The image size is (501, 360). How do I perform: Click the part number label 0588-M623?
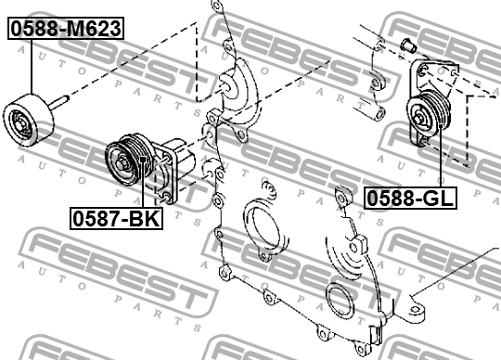66,29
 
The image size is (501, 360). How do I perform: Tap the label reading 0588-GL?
410,197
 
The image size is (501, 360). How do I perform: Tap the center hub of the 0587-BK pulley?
121,167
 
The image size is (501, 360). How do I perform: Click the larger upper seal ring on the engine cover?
263,227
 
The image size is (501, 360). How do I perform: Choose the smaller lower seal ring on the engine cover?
339,303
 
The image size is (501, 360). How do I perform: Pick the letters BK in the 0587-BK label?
141,219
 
